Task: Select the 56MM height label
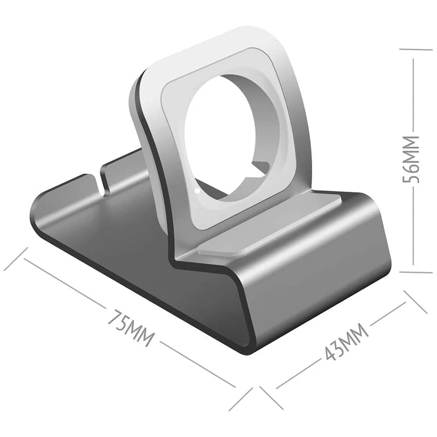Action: (x=410, y=159)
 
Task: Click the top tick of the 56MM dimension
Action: (x=416, y=49)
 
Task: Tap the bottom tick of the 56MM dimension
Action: (x=416, y=272)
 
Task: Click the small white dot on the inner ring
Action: (x=198, y=191)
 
